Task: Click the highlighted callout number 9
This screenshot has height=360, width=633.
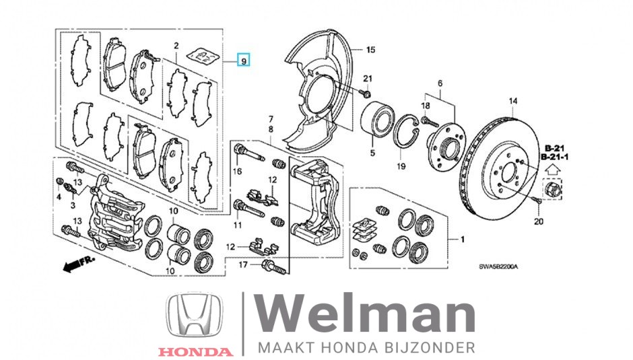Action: [243, 61]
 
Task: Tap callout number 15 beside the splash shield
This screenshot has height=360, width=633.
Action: [370, 50]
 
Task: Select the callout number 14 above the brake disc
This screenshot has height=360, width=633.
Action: [512, 101]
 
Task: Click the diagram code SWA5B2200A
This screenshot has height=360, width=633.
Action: [498, 266]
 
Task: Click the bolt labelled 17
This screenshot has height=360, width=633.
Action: [275, 267]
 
